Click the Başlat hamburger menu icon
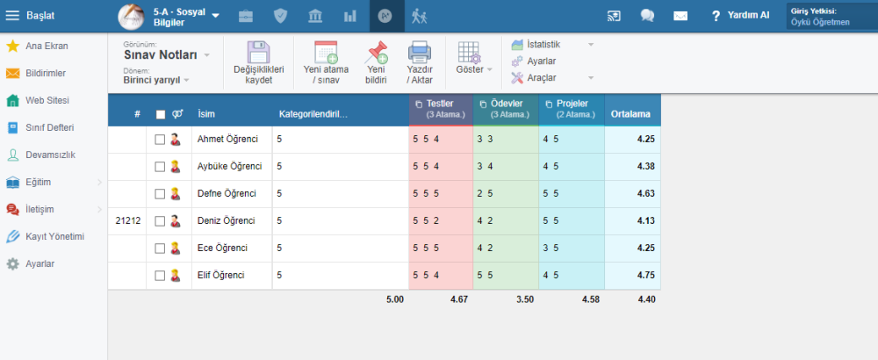[12, 15]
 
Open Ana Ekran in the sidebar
[47, 46]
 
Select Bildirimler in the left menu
[45, 73]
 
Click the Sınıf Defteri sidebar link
[48, 127]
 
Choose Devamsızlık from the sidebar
[49, 155]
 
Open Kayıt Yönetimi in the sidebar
[54, 236]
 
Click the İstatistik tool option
[543, 44]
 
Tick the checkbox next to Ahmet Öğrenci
[160, 139]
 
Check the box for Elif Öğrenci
[160, 276]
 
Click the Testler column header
[440, 109]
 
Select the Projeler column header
[571, 109]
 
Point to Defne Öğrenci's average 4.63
[645, 193]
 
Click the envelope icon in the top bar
[680, 15]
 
